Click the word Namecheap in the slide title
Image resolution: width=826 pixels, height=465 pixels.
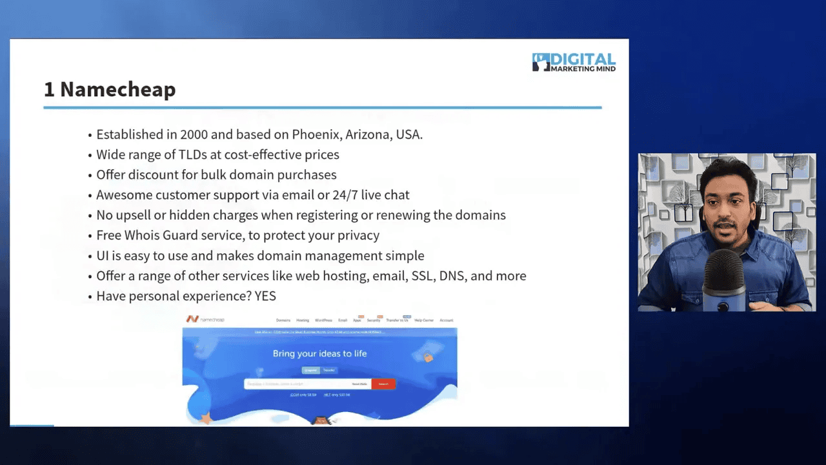pos(117,90)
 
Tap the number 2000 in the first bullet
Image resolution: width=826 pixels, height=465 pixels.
pos(194,135)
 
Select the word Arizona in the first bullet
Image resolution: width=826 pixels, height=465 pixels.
pos(370,135)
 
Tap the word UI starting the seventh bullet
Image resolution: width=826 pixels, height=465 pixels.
pos(103,256)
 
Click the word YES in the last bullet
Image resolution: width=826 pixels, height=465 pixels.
pos(265,296)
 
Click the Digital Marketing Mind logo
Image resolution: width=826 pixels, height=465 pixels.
pos(574,62)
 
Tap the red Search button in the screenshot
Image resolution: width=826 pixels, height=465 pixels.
pos(383,384)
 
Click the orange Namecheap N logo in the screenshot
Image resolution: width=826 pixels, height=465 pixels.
pos(192,319)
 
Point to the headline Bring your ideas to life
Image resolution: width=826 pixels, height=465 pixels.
pos(319,353)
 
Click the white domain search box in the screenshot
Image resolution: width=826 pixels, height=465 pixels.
pos(297,384)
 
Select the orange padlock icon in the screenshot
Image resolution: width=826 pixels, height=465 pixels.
pos(427,356)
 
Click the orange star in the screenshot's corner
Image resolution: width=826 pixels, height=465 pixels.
pos(206,418)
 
